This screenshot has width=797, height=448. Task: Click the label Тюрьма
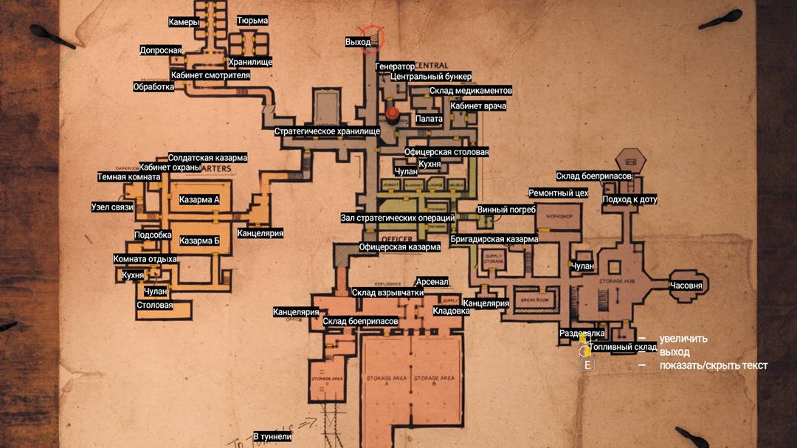(252, 21)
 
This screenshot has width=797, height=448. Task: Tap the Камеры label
(184, 22)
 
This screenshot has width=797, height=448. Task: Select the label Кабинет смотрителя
(210, 75)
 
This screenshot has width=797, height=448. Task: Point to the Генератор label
(395, 66)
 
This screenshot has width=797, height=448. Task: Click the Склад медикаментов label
(471, 91)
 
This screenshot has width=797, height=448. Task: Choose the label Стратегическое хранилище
(327, 131)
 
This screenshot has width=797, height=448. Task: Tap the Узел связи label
(112, 207)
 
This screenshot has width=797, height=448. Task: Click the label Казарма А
(199, 200)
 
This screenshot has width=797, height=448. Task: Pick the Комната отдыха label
(145, 259)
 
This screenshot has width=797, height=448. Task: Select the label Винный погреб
(506, 210)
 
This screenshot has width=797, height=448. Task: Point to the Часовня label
(686, 286)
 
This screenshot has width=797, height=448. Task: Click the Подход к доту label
(629, 199)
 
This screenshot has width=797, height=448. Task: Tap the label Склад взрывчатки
(387, 293)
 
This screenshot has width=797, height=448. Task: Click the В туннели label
(272, 437)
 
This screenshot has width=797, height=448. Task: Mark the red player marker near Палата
(393, 114)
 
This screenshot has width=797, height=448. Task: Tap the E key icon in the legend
(587, 365)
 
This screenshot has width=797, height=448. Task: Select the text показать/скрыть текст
(714, 365)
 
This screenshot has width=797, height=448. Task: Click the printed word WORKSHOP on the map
(559, 217)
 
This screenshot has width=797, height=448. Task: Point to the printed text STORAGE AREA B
(435, 380)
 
